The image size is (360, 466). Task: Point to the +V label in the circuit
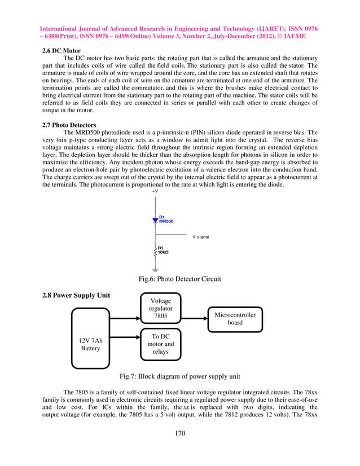155,192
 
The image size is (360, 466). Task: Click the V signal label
201,237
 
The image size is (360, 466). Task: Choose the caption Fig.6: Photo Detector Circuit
179,279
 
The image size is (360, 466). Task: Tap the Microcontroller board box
235,319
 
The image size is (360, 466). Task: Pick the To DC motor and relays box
160,344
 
